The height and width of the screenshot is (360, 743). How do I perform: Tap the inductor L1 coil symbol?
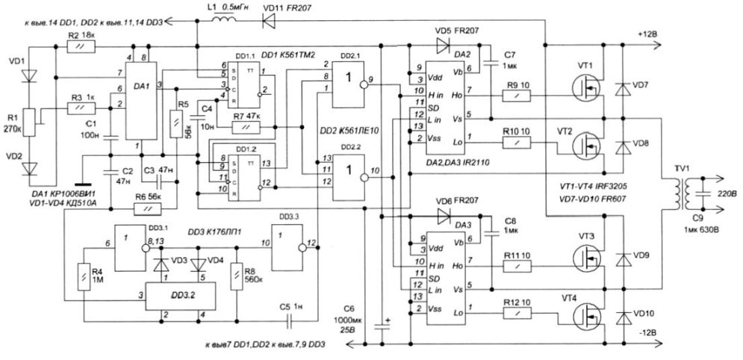point(222,20)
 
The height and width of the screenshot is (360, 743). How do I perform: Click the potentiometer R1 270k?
point(29,120)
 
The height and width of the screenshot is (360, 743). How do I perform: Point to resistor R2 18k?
point(76,46)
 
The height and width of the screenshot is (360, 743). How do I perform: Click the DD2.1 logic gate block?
point(349,78)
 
